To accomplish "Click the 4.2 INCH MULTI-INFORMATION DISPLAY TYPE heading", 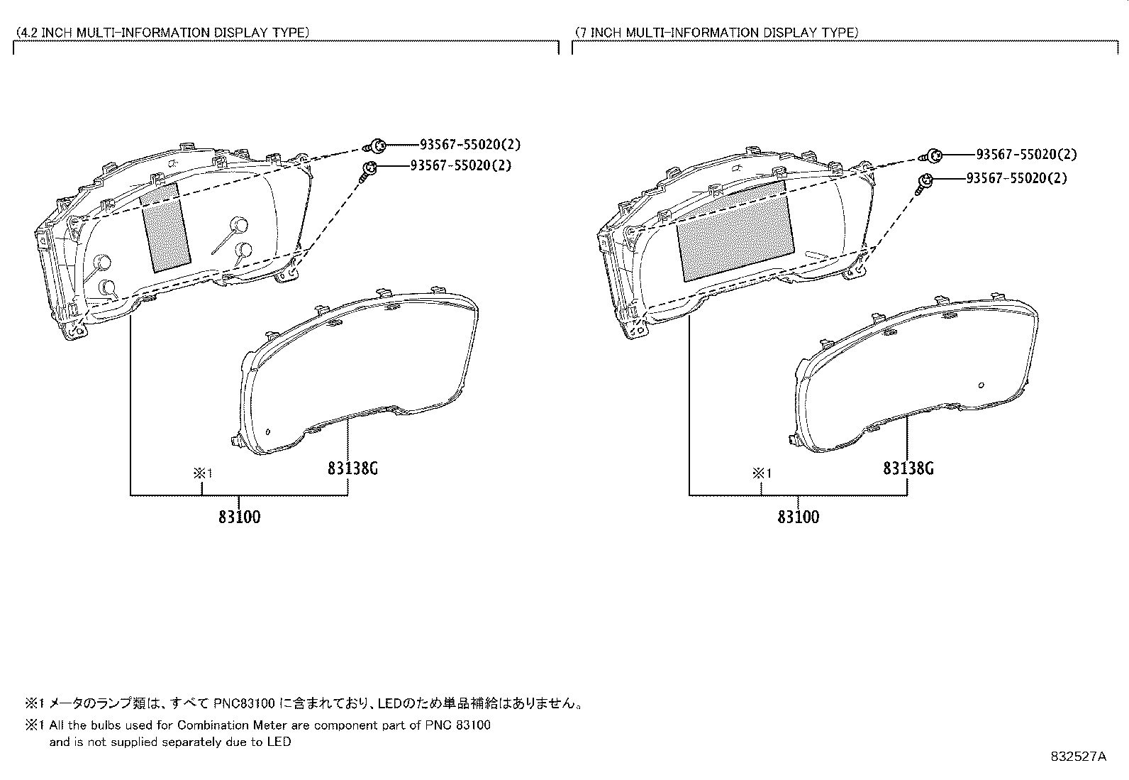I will click(x=162, y=33).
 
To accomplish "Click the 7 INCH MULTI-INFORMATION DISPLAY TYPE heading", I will click(x=716, y=33).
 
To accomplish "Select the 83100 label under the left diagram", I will click(x=239, y=517).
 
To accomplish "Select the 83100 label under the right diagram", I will click(x=798, y=517).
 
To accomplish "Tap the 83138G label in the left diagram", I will click(x=353, y=468).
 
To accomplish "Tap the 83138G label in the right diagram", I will click(x=908, y=468).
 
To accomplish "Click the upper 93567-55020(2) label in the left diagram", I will click(x=469, y=145).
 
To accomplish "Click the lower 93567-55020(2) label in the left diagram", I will click(x=460, y=165).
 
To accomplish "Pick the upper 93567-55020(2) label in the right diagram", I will click(x=1026, y=155).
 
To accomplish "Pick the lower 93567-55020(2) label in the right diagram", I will click(x=1016, y=178).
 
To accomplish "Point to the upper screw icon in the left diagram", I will click(x=377, y=146).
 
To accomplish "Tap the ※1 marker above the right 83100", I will click(x=762, y=473).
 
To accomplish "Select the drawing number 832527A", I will click(x=1078, y=757).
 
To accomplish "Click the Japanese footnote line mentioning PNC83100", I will click(x=305, y=704).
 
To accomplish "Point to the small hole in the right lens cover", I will click(x=980, y=385).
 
